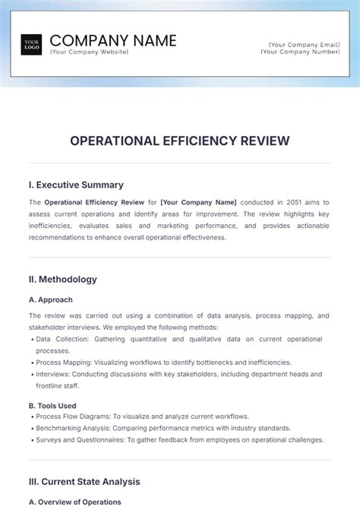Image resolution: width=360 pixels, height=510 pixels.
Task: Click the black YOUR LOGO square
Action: (x=31, y=45)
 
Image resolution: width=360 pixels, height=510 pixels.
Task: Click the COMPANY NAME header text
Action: (x=112, y=40)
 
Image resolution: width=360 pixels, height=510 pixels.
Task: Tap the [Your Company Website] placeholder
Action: (x=89, y=52)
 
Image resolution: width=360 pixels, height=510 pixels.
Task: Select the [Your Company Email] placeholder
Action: (x=302, y=44)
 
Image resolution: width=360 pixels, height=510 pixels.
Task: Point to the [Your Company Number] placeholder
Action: (x=300, y=52)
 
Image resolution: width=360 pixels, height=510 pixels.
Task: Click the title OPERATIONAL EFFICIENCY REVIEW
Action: (x=179, y=141)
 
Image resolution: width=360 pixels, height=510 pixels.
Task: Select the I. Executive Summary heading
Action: (x=76, y=185)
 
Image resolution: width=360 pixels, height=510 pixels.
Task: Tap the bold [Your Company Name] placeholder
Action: (x=199, y=203)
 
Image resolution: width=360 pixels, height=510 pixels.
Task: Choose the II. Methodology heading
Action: (x=63, y=279)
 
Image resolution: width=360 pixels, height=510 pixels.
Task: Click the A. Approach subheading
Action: (x=51, y=299)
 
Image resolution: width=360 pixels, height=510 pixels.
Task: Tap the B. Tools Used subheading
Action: (x=52, y=406)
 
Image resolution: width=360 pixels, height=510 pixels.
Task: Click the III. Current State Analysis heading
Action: (x=84, y=481)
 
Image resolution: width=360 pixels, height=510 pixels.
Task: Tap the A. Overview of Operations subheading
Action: (x=75, y=502)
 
